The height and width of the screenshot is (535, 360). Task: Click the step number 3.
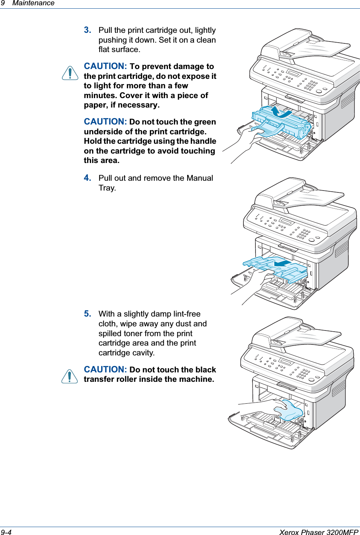pyautogui.click(x=88, y=30)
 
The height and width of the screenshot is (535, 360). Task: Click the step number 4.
pyautogui.click(x=88, y=178)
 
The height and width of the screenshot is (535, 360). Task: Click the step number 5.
pyautogui.click(x=88, y=314)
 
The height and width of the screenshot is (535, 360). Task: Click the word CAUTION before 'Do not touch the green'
pyautogui.click(x=105, y=121)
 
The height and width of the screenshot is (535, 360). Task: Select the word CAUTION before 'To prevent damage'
pyautogui.click(x=105, y=66)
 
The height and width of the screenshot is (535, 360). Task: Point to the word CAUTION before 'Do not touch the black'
pyautogui.click(x=105, y=369)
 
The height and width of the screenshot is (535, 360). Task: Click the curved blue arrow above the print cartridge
pyautogui.click(x=281, y=112)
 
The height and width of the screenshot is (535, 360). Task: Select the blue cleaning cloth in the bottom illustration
pyautogui.click(x=290, y=411)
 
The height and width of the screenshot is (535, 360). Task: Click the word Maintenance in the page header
pyautogui.click(x=33, y=3)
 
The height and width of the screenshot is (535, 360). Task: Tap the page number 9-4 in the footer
pyautogui.click(x=6, y=532)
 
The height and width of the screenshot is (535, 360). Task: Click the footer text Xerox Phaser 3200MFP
pyautogui.click(x=318, y=532)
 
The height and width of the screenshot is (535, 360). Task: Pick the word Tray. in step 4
pyautogui.click(x=107, y=188)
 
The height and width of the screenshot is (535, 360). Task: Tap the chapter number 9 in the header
pyautogui.click(x=3, y=3)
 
